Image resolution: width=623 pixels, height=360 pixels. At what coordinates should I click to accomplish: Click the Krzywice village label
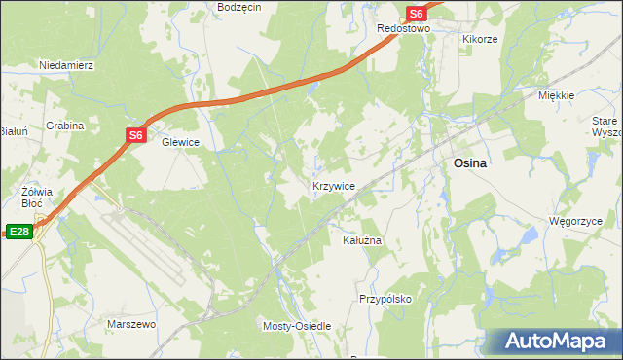point(333,185)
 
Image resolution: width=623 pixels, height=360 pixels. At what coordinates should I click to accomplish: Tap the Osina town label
point(470,164)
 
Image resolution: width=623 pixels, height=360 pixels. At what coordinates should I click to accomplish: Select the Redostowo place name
point(403,29)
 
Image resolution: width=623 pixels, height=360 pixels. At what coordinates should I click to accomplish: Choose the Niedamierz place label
point(65,65)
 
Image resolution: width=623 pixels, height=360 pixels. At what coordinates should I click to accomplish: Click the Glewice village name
point(180,142)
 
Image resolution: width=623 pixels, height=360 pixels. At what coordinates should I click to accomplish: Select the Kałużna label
point(361,239)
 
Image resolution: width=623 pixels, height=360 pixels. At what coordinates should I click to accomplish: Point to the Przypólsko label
point(385,299)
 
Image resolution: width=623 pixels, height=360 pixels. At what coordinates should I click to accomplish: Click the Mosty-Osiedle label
point(298,326)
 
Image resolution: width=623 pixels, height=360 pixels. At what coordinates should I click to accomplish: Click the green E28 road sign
point(18,232)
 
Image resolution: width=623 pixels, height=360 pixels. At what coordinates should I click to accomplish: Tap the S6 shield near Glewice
point(136,136)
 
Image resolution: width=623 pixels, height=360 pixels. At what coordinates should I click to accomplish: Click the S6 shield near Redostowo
point(416,13)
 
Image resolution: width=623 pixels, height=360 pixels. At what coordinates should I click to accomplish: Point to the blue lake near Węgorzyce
point(531,236)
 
